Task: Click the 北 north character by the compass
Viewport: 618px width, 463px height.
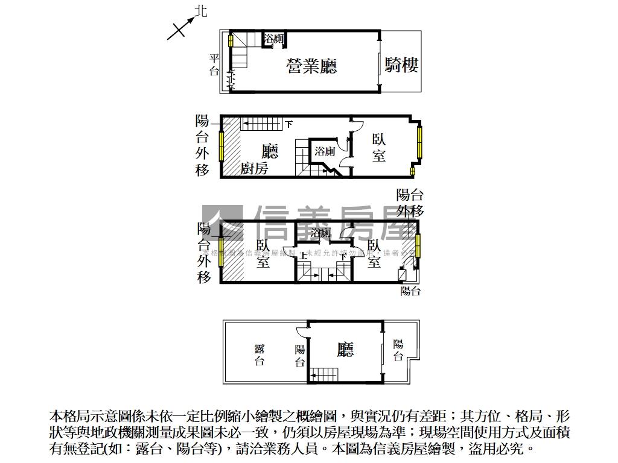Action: [x=200, y=11]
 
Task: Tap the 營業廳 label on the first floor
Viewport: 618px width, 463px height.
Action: [x=311, y=66]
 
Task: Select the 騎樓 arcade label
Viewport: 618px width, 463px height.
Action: [x=402, y=65]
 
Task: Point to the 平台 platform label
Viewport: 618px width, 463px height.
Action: [x=214, y=65]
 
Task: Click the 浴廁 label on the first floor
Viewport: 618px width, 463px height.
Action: [x=275, y=39]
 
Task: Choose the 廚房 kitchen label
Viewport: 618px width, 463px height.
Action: [x=254, y=169]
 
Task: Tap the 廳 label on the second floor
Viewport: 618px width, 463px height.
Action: [x=270, y=151]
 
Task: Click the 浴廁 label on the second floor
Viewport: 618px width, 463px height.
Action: [x=325, y=151]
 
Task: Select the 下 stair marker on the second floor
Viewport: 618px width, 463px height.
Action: [x=289, y=124]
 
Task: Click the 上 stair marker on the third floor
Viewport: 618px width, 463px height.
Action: [x=303, y=256]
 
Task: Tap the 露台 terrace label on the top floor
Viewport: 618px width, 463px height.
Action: [x=260, y=355]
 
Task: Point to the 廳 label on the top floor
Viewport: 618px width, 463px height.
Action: [x=345, y=349]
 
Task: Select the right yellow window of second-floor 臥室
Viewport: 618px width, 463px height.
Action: [x=418, y=142]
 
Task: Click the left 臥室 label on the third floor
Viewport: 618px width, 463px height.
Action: [x=263, y=254]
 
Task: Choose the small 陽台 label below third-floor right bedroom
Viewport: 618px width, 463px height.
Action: [x=410, y=291]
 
